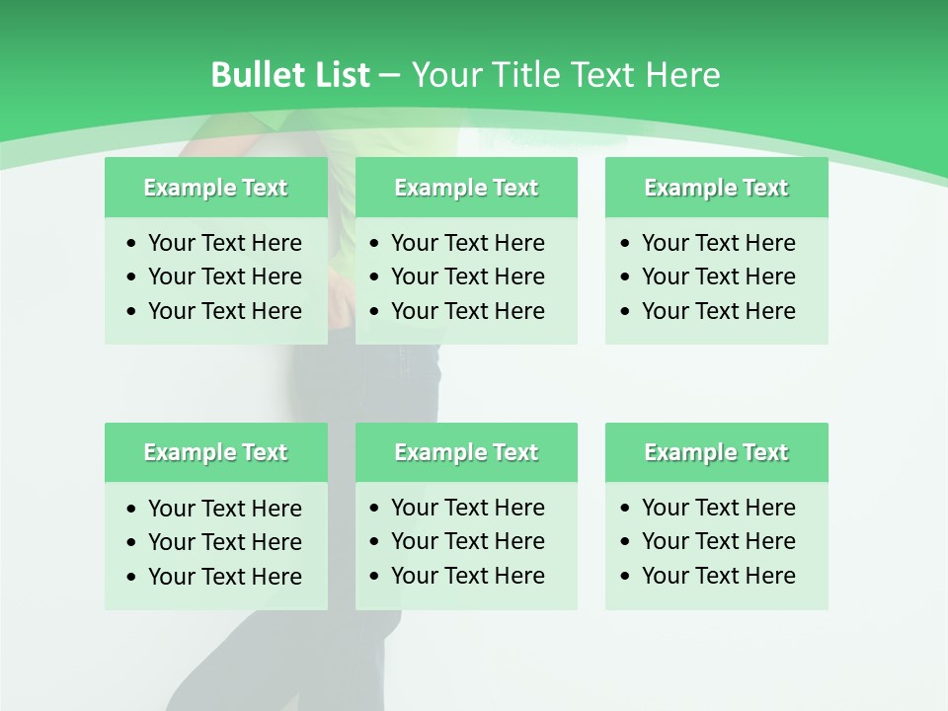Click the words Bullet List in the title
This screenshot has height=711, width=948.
tap(289, 75)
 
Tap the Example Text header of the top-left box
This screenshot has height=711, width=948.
tap(215, 188)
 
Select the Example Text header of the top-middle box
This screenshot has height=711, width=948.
tap(466, 188)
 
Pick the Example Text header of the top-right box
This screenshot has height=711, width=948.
tap(716, 188)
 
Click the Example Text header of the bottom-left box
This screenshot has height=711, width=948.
tap(215, 452)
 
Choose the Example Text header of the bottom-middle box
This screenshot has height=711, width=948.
tap(466, 452)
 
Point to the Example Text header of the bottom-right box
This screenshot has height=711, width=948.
tap(716, 452)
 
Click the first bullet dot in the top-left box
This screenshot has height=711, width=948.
tap(132, 244)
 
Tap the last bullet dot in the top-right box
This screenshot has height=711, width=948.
tap(625, 312)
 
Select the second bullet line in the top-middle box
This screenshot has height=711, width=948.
tap(467, 276)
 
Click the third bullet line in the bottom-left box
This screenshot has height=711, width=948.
tap(224, 577)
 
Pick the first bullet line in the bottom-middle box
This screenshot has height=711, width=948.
tap(467, 508)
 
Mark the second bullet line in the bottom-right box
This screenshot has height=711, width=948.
tap(718, 541)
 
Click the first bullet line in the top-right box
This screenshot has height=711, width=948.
tap(718, 243)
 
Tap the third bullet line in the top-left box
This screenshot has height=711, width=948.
tap(224, 311)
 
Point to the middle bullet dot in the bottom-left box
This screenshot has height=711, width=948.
tap(132, 543)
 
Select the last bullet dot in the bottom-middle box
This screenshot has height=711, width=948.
tap(374, 577)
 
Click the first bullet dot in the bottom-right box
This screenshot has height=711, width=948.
tap(625, 509)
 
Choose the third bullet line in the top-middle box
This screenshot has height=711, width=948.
tap(467, 311)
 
